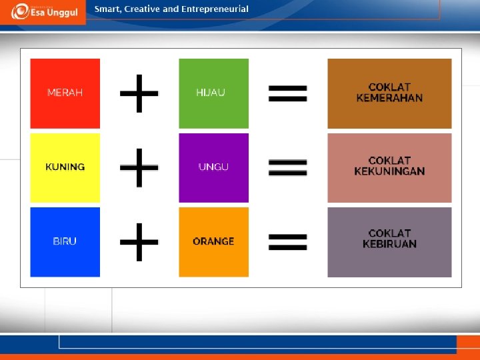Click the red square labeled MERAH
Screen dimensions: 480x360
[65, 93]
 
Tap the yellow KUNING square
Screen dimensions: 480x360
[65, 167]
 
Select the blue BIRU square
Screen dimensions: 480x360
[65, 241]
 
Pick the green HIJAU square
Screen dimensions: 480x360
[213, 93]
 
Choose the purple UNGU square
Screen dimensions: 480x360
[213, 167]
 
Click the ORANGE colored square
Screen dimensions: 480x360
[213, 241]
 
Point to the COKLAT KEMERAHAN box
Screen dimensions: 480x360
[389, 93]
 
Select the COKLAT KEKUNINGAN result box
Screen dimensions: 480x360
[389, 167]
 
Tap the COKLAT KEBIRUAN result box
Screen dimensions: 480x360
[389, 241]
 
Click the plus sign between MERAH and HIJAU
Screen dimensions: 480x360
[139, 93]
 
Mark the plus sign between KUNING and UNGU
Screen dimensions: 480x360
[139, 167]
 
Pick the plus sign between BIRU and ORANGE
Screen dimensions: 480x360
[139, 241]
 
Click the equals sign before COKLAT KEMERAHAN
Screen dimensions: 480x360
[287, 94]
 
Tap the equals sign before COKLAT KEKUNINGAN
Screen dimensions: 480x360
[287, 167]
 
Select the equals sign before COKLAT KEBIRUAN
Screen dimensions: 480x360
[287, 241]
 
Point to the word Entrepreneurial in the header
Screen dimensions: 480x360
[214, 9]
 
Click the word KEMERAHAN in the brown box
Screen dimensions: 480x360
[389, 99]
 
